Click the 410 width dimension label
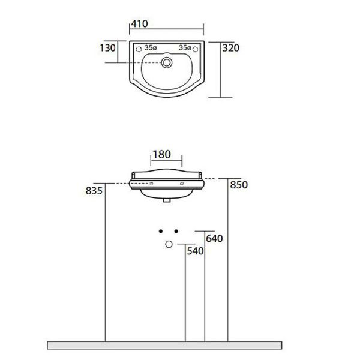click(x=139, y=23)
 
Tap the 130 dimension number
click(x=107, y=48)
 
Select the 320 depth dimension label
click(x=231, y=48)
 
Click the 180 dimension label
click(x=162, y=155)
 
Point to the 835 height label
click(x=94, y=191)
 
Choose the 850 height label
click(x=239, y=185)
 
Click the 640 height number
click(x=214, y=239)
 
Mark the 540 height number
click(x=196, y=251)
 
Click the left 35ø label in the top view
click(x=151, y=48)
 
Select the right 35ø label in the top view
click(x=185, y=48)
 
